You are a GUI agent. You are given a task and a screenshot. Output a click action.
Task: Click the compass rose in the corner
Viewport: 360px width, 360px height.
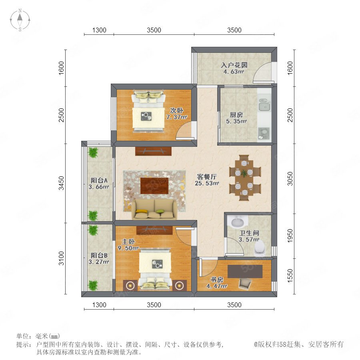click(x=20, y=20)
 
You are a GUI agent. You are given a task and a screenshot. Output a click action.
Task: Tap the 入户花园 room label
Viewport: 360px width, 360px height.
click(x=234, y=65)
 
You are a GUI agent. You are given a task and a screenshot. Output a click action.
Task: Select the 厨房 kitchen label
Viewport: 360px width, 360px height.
click(x=236, y=114)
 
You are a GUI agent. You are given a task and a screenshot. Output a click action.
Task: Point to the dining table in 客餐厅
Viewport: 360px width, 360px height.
click(x=245, y=178)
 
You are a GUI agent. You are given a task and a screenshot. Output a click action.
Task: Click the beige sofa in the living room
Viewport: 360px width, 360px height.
click(x=154, y=209)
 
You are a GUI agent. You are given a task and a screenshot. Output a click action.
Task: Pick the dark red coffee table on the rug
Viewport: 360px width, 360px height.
click(x=154, y=186)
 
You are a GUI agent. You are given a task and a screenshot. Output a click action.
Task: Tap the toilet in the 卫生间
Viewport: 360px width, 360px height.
click(x=260, y=249)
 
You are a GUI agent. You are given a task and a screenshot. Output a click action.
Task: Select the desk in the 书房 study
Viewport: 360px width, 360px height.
click(x=245, y=271)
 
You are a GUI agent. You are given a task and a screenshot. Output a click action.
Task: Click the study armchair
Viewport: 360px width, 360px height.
click(x=245, y=284)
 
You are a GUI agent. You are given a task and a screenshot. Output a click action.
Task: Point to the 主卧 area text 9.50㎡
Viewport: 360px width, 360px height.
click(x=128, y=248)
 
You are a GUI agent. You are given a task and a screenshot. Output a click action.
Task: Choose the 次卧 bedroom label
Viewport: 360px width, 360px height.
click(x=176, y=110)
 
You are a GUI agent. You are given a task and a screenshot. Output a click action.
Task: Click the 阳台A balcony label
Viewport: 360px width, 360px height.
click(x=99, y=180)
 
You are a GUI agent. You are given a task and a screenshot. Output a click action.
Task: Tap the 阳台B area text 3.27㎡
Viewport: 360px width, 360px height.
click(x=99, y=262)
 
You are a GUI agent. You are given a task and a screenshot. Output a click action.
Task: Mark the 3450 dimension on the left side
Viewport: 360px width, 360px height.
click(x=61, y=183)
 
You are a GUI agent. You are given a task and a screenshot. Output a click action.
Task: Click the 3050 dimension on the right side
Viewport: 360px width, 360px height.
click(x=290, y=179)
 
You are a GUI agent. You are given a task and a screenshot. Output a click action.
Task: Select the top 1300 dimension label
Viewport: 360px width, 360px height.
click(x=99, y=30)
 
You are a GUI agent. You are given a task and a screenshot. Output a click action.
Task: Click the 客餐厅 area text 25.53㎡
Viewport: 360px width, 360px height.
click(x=207, y=183)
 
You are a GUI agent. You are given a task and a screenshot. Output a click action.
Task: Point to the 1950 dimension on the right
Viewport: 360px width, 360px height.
click(x=290, y=236)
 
